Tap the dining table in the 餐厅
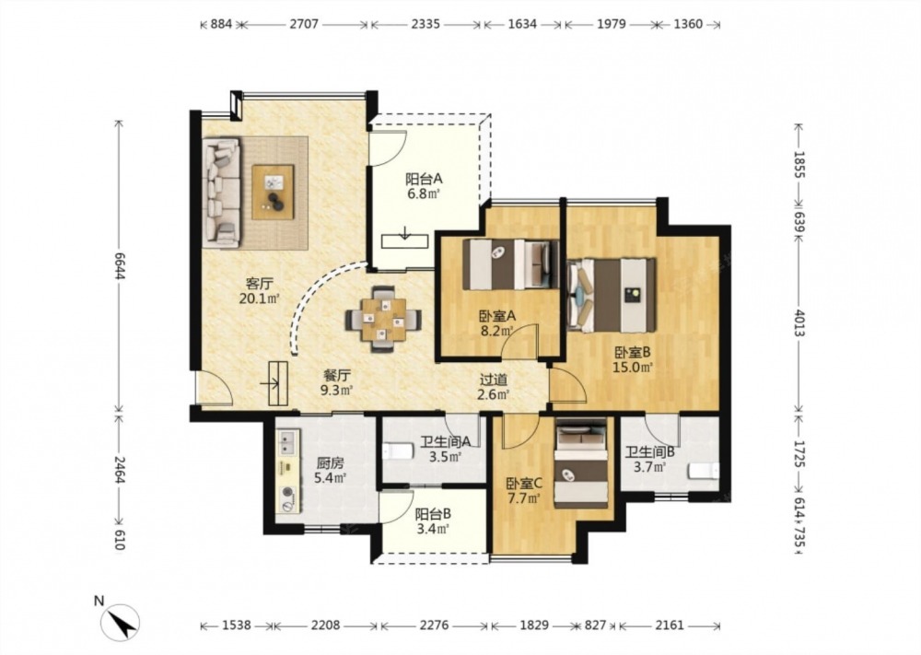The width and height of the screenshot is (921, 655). point(383,320)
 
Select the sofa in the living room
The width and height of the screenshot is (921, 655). point(221,193)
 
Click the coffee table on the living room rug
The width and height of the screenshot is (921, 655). point(274,193)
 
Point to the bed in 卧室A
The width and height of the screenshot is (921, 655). point(510,264)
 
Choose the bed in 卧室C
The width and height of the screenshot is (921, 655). point(581,462)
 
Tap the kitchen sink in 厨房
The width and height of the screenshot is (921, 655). point(287,442)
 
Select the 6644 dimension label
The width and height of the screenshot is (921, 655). point(119,267)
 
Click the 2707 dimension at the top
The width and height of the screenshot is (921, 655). point(304,24)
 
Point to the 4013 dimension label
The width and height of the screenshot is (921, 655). point(799,322)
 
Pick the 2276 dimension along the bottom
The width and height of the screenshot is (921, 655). point(434,626)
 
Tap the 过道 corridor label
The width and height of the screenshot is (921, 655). point(493,381)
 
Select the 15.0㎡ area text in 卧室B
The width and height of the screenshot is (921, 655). point(634,368)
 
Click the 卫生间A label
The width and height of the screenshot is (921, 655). point(445,441)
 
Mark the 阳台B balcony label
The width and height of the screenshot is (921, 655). point(433,514)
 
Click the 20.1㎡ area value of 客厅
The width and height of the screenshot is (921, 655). point(259,298)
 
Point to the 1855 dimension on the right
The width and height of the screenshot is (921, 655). point(799,165)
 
